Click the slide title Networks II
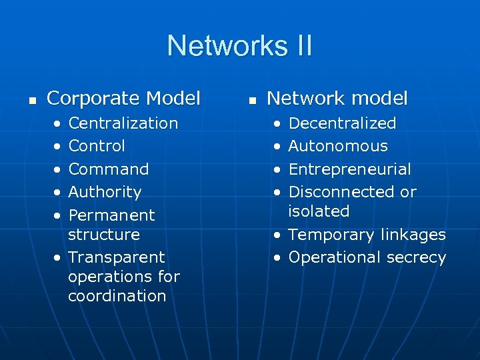(239, 46)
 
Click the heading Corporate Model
(123, 99)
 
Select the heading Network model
(337, 99)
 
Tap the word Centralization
(123, 123)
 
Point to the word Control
(97, 146)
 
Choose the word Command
(109, 169)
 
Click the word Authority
(105, 192)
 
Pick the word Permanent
(112, 215)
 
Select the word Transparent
(117, 257)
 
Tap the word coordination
(117, 296)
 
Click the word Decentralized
(342, 123)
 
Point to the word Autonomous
(338, 146)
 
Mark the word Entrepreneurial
(349, 169)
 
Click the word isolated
(319, 211)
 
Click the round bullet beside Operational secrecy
(275, 257)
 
